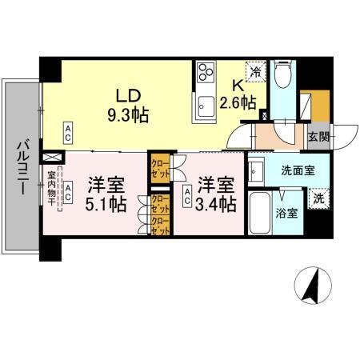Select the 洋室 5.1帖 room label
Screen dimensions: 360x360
pos(105,194)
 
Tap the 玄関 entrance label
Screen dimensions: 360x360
pos(318,137)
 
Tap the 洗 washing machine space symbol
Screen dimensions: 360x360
pos(318,198)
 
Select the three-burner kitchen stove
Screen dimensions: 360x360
pos(204,72)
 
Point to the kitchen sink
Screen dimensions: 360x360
pos(205,102)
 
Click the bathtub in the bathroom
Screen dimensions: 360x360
pos(260,212)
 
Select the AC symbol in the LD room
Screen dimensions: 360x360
pos(69,130)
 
